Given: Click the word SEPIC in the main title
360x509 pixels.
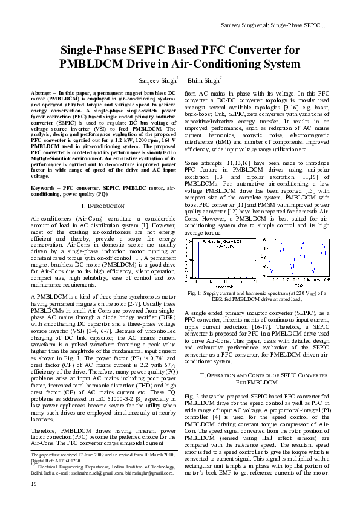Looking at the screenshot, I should tap(160, 50).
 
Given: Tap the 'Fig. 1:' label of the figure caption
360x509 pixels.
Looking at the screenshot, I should tap(195, 293).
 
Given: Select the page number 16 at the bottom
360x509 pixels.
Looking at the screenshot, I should tap(33, 501).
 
